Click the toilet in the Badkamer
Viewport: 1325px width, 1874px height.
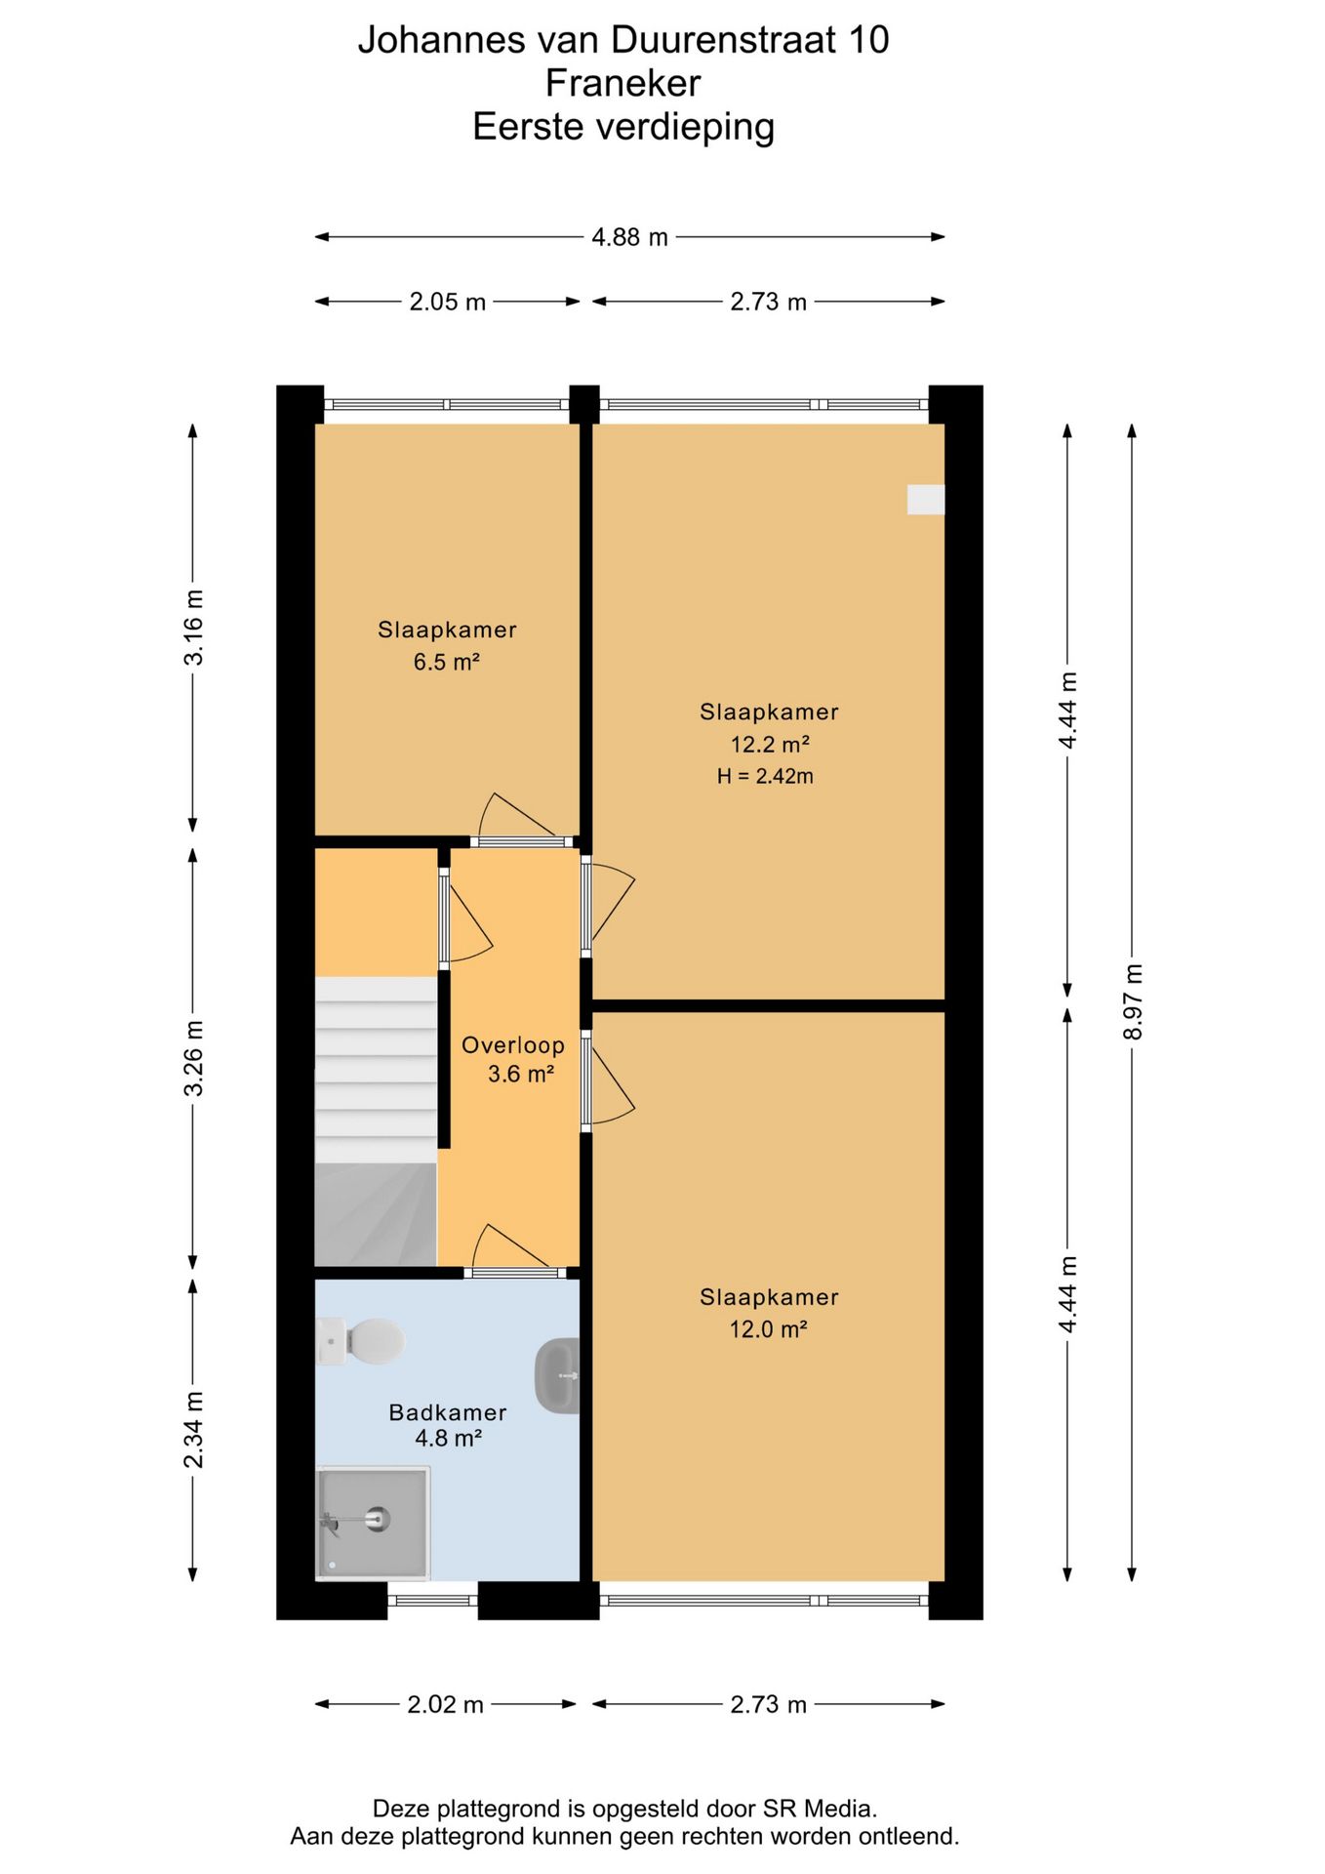[361, 1341]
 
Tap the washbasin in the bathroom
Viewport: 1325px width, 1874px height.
[558, 1375]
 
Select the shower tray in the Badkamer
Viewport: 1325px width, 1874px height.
[373, 1523]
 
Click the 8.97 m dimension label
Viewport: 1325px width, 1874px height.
[1133, 1001]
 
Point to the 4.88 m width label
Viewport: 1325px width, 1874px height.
[630, 237]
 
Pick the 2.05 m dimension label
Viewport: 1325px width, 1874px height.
[448, 302]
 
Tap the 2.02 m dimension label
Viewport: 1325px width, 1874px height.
[446, 1704]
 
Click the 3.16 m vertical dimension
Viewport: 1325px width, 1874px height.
[194, 628]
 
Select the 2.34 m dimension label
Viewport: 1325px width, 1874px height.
[194, 1430]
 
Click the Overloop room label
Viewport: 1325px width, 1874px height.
[513, 1045]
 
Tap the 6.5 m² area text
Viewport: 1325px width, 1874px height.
[447, 662]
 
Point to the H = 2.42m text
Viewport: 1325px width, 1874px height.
[765, 777]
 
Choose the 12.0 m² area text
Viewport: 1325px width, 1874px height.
[769, 1328]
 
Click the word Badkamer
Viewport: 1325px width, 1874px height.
[448, 1412]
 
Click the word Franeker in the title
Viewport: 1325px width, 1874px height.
[623, 83]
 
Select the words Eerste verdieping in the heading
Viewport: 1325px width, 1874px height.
[623, 127]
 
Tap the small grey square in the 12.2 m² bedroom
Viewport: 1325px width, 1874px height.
[926, 500]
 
